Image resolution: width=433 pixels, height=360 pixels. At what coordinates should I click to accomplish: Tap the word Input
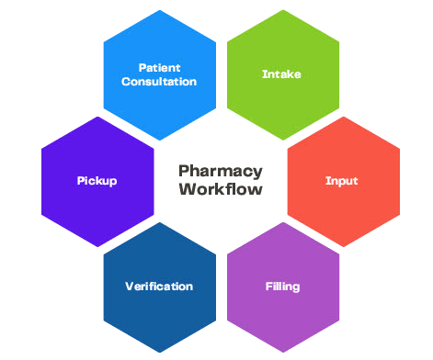(342, 181)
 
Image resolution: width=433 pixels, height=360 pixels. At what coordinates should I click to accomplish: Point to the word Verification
(159, 287)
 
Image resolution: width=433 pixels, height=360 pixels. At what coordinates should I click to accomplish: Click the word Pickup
(97, 181)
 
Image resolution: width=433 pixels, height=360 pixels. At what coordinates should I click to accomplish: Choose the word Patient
(159, 67)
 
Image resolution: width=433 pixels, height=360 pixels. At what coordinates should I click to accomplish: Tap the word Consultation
(159, 81)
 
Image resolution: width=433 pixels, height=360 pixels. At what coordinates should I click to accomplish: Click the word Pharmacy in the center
(220, 171)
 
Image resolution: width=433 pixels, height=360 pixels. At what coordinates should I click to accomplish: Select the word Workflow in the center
(220, 190)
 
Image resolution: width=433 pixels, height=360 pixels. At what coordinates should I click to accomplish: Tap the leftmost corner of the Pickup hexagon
(41, 149)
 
